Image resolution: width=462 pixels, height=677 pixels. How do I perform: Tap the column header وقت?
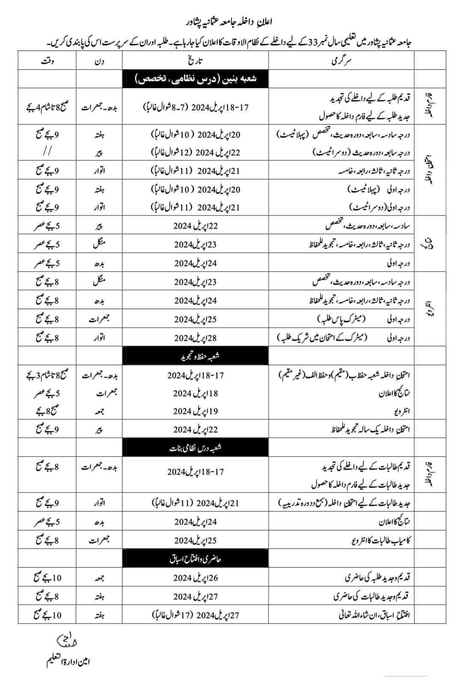[46, 61]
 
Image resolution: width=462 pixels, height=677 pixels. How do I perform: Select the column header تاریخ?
[196, 61]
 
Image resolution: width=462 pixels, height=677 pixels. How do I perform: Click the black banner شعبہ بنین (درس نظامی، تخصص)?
[195, 79]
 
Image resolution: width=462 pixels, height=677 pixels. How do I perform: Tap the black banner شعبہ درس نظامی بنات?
[195, 448]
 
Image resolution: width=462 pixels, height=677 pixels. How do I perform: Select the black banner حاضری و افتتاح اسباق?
[195, 559]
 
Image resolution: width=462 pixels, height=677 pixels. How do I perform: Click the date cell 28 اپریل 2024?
[195, 338]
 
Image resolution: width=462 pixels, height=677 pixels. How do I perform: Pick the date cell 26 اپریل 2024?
[195, 578]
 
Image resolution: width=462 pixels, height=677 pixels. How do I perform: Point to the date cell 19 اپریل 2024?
[195, 411]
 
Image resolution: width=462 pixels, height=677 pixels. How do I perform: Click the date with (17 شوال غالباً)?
[195, 615]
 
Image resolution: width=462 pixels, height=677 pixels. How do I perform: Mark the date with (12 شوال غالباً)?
[195, 152]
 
